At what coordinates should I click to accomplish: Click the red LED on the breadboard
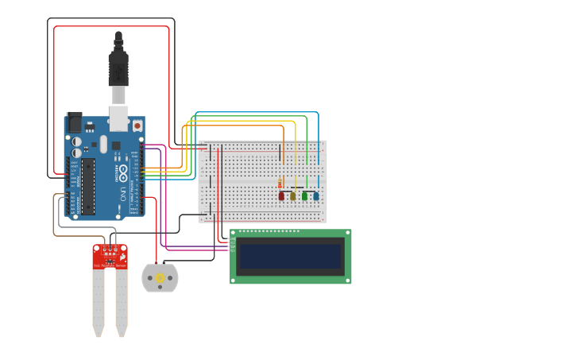pyautogui.click(x=281, y=195)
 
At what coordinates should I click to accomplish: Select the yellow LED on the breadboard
pyautogui.click(x=292, y=195)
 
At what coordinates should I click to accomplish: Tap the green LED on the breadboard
pyautogui.click(x=304, y=195)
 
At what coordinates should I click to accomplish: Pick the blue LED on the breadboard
pyautogui.click(x=315, y=195)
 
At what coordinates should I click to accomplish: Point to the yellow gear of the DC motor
pyautogui.click(x=160, y=278)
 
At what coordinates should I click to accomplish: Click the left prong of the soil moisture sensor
pyautogui.click(x=98, y=302)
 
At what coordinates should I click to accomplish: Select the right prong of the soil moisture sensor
pyautogui.click(x=122, y=302)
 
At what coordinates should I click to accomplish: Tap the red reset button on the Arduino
pyautogui.click(x=137, y=126)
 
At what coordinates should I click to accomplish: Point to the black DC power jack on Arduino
pyautogui.click(x=74, y=122)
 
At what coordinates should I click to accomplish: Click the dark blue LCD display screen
pyautogui.click(x=290, y=256)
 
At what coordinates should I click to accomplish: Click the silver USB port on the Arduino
pyautogui.click(x=118, y=118)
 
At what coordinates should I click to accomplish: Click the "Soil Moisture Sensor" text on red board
pyautogui.click(x=110, y=265)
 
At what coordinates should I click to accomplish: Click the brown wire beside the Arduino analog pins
pyautogui.click(x=54, y=215)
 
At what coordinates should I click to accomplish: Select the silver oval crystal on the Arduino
pyautogui.click(x=103, y=144)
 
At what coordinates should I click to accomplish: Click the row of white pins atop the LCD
pyautogui.click(x=269, y=232)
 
